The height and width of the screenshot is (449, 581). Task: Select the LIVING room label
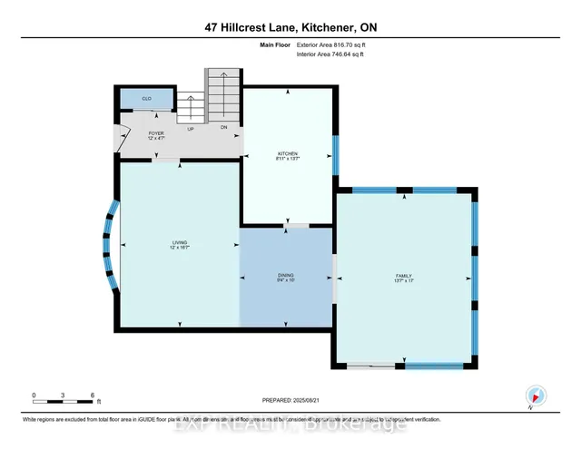coord(180,244)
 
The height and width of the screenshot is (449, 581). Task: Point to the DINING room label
coord(286,278)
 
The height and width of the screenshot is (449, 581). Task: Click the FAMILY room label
coord(405,278)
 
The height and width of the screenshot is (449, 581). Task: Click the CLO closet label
coord(146,97)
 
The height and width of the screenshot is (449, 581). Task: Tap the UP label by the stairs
coord(191,129)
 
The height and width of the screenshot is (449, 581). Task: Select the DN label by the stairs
coord(223,128)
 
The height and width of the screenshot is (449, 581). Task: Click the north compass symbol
coord(535,395)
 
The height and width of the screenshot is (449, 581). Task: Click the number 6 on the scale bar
coord(93,395)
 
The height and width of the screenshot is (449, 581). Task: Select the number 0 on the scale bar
coord(34,395)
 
